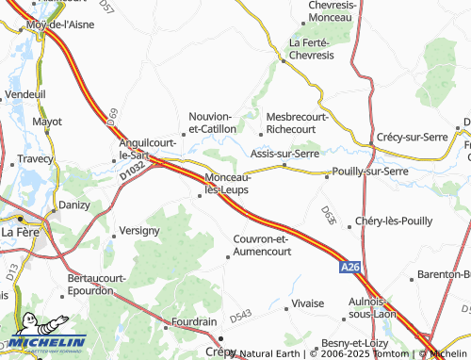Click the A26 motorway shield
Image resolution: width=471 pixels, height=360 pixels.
click(350, 269)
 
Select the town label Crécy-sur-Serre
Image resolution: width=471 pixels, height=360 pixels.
click(415, 137)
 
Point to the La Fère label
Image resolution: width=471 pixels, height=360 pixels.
click(19, 231)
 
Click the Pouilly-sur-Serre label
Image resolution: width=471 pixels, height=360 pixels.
click(370, 172)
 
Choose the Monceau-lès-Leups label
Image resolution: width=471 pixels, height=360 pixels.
click(228, 184)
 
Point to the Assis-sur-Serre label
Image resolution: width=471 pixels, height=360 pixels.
click(284, 153)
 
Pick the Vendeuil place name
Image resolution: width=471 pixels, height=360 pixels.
click(25, 95)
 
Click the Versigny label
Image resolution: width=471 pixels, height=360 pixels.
click(139, 230)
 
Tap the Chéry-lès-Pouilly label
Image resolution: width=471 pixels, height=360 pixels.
click(394, 221)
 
